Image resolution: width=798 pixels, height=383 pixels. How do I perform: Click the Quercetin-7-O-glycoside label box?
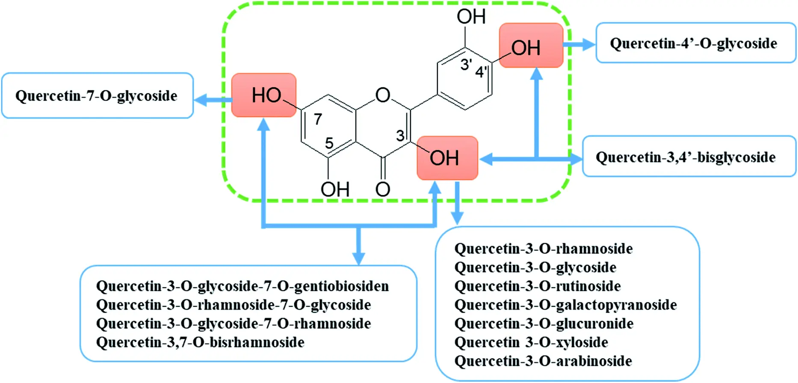pyautogui.click(x=97, y=95)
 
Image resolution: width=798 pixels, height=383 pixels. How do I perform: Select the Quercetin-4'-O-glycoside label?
pyautogui.click(x=693, y=43)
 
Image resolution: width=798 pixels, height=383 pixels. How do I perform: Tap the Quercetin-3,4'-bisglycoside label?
pyautogui.click(x=685, y=157)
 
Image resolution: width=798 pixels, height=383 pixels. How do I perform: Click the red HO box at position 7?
pyautogui.click(x=264, y=95)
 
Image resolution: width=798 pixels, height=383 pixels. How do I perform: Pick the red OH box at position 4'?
pyautogui.click(x=531, y=46)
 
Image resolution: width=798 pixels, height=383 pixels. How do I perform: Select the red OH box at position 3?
pyautogui.click(x=447, y=158)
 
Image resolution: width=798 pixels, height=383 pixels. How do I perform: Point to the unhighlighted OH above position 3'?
pyautogui.click(x=471, y=17)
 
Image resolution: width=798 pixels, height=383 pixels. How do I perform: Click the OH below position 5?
pyautogui.click(x=335, y=189)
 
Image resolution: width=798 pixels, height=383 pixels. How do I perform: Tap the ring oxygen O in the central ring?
pyautogui.click(x=382, y=95)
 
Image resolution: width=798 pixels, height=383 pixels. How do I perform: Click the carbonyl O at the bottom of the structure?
pyautogui.click(x=382, y=189)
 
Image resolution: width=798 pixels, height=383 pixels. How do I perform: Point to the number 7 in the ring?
pyautogui.click(x=318, y=119)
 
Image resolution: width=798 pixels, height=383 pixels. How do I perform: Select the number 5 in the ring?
pyautogui.click(x=329, y=143)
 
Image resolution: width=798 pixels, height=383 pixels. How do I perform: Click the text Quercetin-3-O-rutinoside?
pyautogui.click(x=537, y=286)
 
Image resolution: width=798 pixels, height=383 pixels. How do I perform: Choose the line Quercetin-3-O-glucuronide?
pyautogui.click(x=544, y=324)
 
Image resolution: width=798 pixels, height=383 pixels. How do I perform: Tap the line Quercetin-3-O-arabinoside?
pyautogui.click(x=543, y=361)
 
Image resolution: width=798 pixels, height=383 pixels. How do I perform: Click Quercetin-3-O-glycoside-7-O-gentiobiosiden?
pyautogui.click(x=242, y=286)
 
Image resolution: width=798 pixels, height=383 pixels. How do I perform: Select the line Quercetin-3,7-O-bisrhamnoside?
pyautogui.click(x=200, y=342)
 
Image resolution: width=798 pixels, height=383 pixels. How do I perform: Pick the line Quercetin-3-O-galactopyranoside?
pyautogui.click(x=565, y=305)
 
